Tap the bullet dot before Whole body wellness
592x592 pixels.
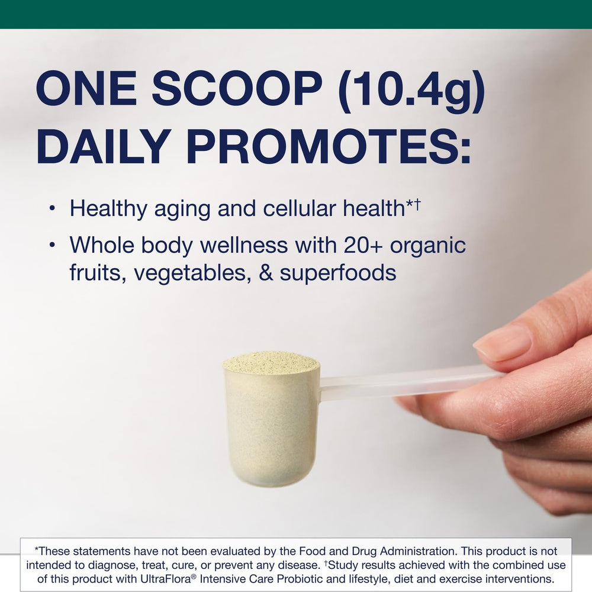pos(53,244)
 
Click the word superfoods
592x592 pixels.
pos(337,274)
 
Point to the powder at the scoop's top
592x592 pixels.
pos(271,362)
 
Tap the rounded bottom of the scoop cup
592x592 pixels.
pos(271,474)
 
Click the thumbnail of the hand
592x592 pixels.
pos(502,342)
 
